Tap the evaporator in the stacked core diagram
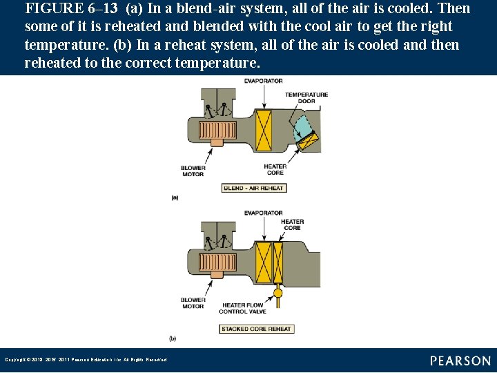point(263,262)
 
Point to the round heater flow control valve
point(278,294)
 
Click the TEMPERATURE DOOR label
point(306,97)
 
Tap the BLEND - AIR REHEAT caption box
point(254,188)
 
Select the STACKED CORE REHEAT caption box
point(256,329)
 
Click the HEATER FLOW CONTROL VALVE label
point(242,308)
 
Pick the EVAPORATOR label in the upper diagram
point(263,81)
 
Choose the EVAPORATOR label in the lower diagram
point(263,213)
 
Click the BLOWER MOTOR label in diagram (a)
point(193,171)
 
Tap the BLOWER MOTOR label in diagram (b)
point(193,303)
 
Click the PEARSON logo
point(460,361)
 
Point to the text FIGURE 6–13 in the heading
point(71,9)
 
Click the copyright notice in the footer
point(86,359)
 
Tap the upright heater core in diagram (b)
point(278,262)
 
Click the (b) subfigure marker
point(173,338)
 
